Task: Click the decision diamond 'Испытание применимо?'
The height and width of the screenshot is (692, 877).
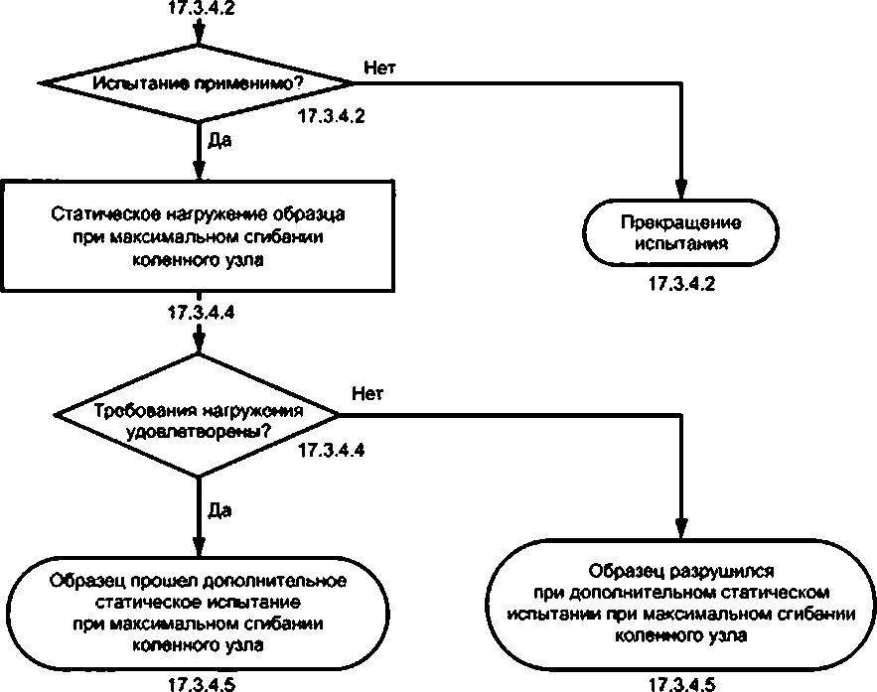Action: (197, 83)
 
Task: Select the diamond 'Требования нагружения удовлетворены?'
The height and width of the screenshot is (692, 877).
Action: (197, 415)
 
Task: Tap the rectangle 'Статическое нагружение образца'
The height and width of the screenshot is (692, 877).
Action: (198, 235)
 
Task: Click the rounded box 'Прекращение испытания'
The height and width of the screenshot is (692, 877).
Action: (680, 232)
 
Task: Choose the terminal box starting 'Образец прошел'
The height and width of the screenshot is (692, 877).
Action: (198, 614)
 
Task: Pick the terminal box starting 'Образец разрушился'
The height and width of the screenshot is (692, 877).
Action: (680, 604)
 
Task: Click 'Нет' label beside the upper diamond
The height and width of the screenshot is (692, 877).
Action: (379, 69)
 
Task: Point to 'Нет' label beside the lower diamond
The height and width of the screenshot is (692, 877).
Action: (367, 394)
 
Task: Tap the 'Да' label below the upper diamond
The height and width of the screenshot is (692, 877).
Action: (219, 140)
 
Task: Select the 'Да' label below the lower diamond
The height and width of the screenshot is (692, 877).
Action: (219, 510)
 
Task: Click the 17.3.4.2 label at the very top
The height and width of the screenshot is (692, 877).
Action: (202, 8)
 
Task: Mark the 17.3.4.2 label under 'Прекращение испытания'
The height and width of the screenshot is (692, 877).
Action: (681, 284)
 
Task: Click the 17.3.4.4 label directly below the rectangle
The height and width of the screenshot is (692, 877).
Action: (202, 312)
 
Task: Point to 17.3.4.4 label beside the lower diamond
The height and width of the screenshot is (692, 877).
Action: (332, 450)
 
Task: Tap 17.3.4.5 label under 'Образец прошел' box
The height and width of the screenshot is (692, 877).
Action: (202, 685)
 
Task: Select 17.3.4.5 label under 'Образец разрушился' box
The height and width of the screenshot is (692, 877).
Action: (681, 685)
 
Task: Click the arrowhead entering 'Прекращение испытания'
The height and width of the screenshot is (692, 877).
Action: (680, 190)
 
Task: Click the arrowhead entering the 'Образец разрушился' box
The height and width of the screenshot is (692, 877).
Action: (681, 528)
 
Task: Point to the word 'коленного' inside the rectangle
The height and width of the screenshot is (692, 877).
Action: (169, 260)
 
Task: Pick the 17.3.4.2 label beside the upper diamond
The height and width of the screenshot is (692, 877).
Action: (332, 116)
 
